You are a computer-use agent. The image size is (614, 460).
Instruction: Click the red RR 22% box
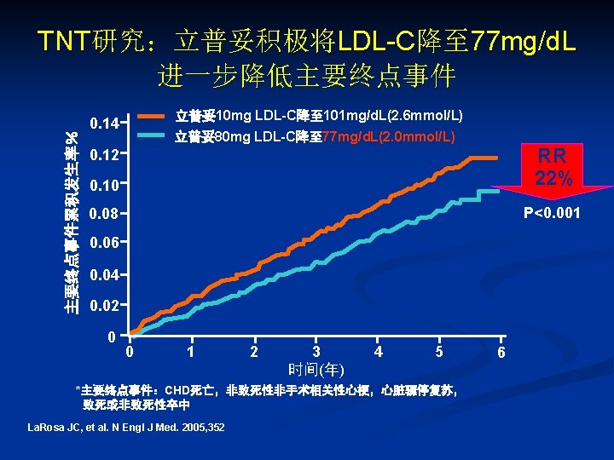click(554, 167)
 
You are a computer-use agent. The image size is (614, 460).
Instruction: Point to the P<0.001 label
click(551, 213)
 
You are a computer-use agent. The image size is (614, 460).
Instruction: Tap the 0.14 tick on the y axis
click(103, 124)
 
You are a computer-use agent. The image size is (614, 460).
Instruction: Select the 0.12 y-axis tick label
click(103, 156)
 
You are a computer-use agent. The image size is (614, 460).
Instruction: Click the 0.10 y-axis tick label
click(103, 185)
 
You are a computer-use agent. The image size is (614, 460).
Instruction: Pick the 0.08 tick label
click(103, 213)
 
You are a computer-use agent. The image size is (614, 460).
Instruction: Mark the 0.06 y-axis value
click(103, 244)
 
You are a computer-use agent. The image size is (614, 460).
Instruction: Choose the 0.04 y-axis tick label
click(103, 275)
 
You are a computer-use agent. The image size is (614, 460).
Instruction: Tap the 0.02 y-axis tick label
click(103, 305)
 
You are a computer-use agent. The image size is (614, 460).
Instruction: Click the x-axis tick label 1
click(191, 351)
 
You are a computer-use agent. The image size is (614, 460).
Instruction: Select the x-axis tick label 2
click(254, 352)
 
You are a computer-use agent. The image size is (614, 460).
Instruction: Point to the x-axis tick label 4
click(378, 351)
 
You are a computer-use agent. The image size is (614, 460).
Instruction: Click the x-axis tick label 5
click(439, 351)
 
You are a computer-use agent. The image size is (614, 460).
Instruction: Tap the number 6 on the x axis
click(501, 352)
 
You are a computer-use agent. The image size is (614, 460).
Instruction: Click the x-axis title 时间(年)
click(316, 370)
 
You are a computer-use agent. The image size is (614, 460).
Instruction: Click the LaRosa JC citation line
click(126, 427)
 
